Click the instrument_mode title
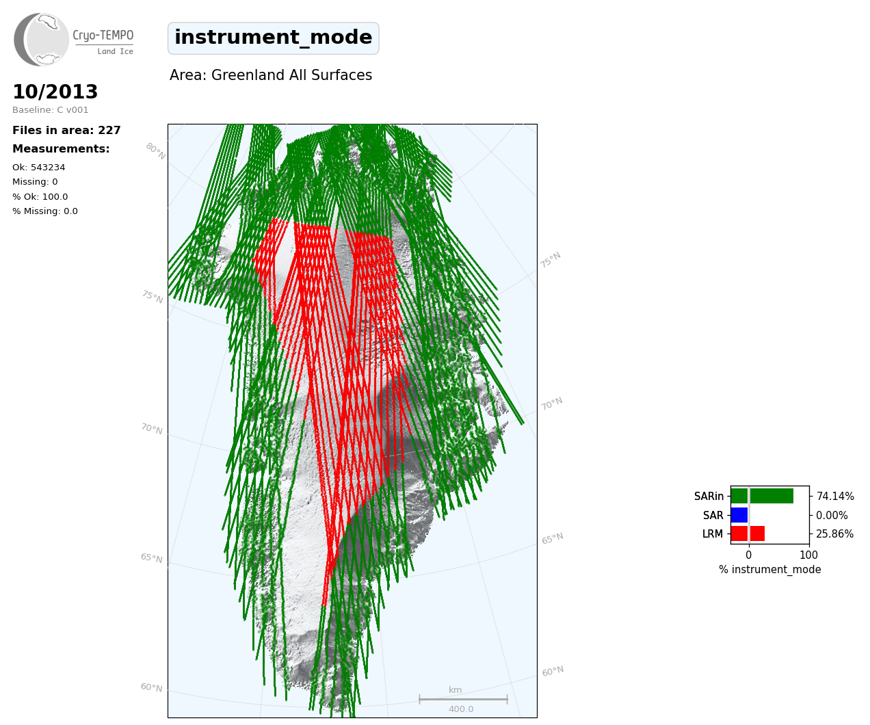pos(274,38)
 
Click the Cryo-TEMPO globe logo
pos(41,39)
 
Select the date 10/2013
pos(55,92)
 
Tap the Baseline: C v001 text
pos(51,110)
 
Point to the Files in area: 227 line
pos(66,131)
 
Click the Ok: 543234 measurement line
pos(39,167)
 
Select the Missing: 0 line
pos(35,182)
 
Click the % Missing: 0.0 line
pos(45,211)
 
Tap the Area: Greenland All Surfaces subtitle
pos(271,75)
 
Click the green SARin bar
pos(762,496)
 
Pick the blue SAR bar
pos(739,515)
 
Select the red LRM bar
pos(748,533)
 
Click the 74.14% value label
pos(835,497)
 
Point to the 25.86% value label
pos(834,534)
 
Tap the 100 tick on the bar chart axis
pos(808,555)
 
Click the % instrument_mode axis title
pos(770,570)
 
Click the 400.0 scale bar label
pos(461,709)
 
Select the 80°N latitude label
pos(155,151)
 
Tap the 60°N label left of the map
pos(151,687)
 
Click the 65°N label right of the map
pos(553,538)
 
